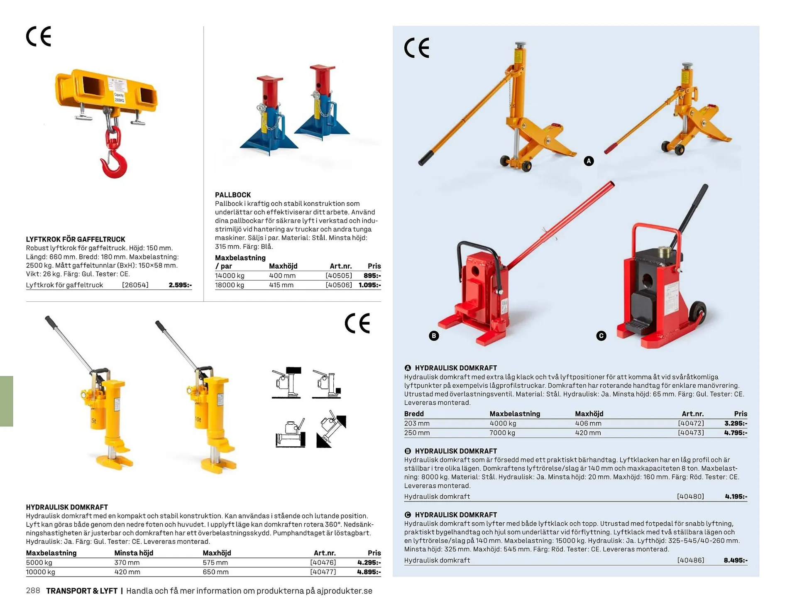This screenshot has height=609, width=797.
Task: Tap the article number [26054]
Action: (x=135, y=285)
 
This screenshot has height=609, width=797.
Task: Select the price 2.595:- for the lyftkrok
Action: (x=180, y=285)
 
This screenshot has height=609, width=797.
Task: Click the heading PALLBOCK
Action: (x=233, y=195)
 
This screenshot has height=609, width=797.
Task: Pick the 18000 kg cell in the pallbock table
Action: (x=230, y=285)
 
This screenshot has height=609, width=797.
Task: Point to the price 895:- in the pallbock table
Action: (x=372, y=276)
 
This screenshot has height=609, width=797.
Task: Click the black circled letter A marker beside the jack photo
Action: (x=589, y=161)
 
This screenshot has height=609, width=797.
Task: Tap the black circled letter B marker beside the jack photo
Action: (x=434, y=336)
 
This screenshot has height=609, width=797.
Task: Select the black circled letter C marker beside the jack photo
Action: (x=601, y=336)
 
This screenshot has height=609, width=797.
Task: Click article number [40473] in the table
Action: (x=691, y=433)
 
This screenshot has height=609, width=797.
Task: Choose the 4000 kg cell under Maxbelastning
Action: (x=503, y=423)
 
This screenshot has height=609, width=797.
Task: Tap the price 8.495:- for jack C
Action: (x=736, y=560)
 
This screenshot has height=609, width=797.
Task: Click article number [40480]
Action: (x=691, y=496)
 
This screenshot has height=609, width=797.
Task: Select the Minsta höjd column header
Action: (x=134, y=553)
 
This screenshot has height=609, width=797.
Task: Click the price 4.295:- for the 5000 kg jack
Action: (x=369, y=563)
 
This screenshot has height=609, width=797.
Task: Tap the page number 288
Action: (x=33, y=591)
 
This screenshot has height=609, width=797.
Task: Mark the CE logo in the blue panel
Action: (x=417, y=48)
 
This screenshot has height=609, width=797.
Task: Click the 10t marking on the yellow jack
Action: (x=198, y=420)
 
